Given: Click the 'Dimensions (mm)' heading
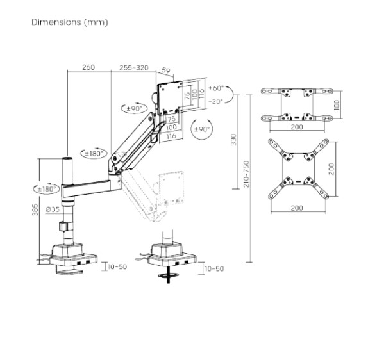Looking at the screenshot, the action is pyautogui.click(x=70, y=22).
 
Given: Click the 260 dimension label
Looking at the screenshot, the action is pyautogui.click(x=88, y=67).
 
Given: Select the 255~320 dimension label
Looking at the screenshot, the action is pyautogui.click(x=134, y=67).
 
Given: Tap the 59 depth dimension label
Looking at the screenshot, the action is pyautogui.click(x=166, y=70).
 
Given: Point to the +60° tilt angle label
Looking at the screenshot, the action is pyautogui.click(x=215, y=88).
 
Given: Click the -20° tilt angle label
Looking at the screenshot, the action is pyautogui.click(x=215, y=102).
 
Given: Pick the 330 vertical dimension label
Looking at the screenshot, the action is pyautogui.click(x=234, y=140).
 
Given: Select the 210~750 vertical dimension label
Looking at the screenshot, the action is pyautogui.click(x=246, y=174).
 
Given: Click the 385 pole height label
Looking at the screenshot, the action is pyautogui.click(x=35, y=209).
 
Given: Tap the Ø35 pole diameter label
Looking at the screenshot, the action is pyautogui.click(x=53, y=209).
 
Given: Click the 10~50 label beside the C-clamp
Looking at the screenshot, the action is pyautogui.click(x=117, y=266).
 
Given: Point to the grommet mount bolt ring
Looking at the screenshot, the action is pyautogui.click(x=168, y=275).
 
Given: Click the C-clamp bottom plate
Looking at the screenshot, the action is pyautogui.click(x=69, y=272).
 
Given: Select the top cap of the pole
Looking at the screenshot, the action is pyautogui.click(x=67, y=160).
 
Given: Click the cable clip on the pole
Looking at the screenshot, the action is pyautogui.click(x=63, y=227).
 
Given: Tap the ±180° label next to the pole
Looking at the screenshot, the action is pyautogui.click(x=47, y=188).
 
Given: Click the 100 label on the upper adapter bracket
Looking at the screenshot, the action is pyautogui.click(x=337, y=105).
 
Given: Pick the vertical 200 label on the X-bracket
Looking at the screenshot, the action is pyautogui.click(x=331, y=168).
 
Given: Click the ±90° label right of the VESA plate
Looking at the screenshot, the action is pyautogui.click(x=201, y=129).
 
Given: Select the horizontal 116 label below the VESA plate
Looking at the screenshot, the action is pyautogui.click(x=171, y=136).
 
